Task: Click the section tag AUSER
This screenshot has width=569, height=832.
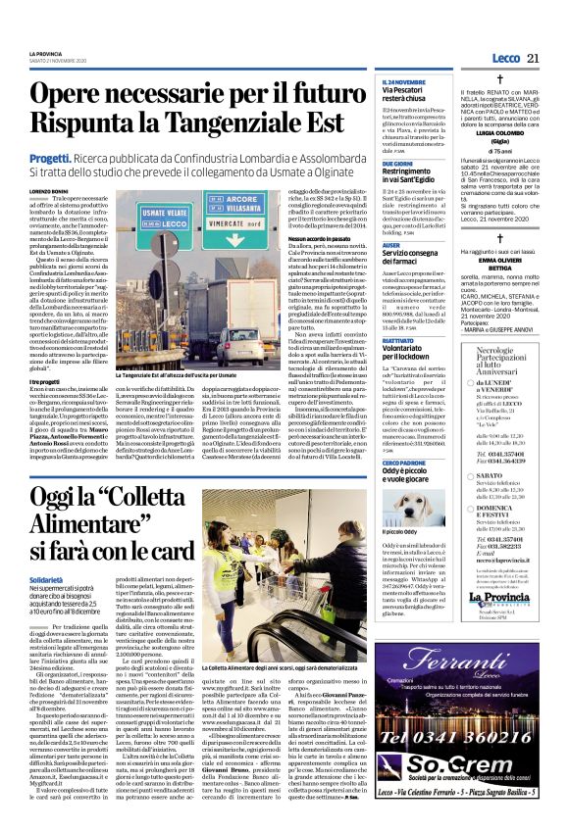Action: point(391,246)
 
